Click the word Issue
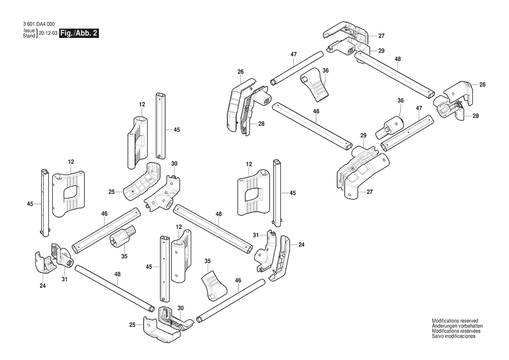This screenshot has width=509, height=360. (29, 31)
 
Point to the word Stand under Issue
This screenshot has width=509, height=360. (29, 36)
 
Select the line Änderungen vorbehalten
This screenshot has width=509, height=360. (457, 326)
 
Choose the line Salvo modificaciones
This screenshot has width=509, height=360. (454, 336)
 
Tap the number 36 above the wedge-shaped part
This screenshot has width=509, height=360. (325, 71)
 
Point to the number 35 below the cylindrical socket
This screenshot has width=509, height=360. (124, 256)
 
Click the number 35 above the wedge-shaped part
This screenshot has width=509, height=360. (208, 261)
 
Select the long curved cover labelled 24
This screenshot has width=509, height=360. (281, 257)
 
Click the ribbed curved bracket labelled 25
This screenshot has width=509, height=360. (140, 183)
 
